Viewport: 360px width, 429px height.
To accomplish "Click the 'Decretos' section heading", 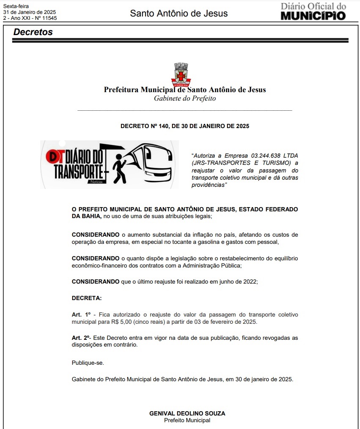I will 33,32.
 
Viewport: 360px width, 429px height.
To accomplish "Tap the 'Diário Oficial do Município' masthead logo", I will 313,11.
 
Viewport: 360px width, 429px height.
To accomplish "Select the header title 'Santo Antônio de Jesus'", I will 179,14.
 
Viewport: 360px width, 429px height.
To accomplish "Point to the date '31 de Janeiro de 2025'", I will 29,12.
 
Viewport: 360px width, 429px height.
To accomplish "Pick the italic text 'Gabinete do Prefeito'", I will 185,98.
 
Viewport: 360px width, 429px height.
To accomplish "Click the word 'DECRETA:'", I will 87,298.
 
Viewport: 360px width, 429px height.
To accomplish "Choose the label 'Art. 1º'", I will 82,315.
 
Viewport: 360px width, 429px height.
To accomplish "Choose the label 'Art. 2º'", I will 82,338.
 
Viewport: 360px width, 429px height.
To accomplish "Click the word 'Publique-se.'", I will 88,363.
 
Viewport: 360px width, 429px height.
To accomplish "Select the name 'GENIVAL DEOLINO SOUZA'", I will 187,413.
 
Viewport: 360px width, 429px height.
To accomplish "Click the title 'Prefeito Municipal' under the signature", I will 187,420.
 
